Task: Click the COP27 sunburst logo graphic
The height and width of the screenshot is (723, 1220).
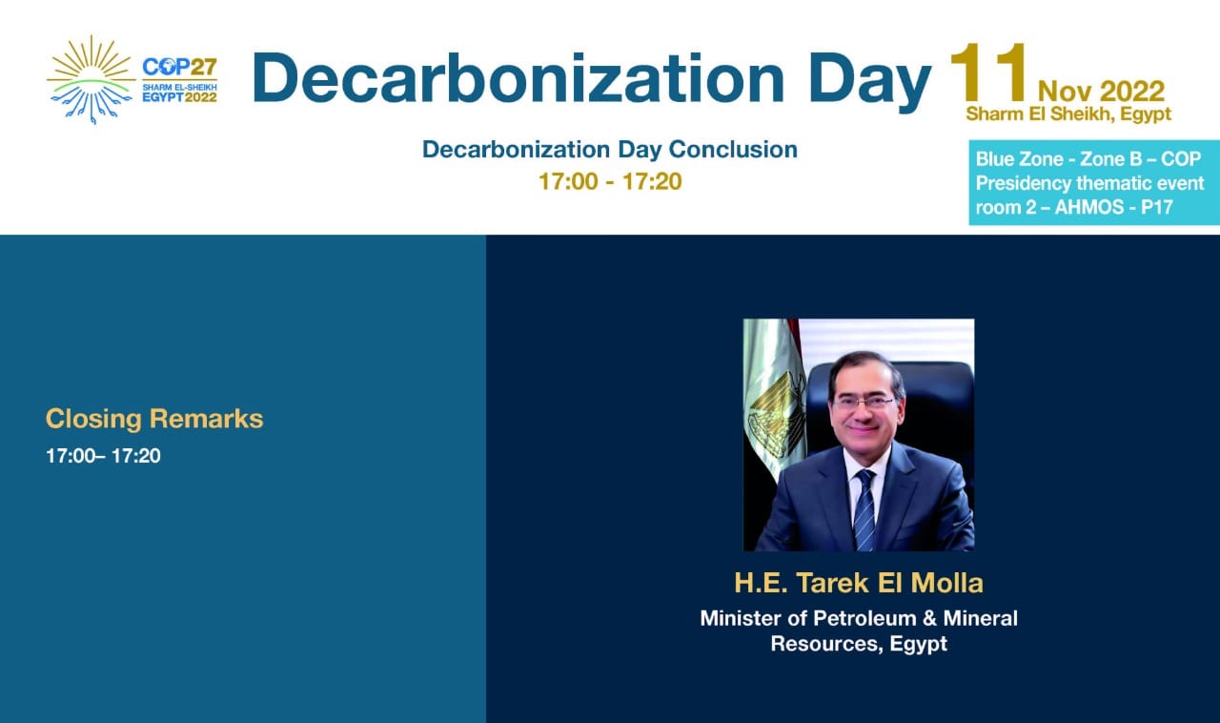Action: tap(91, 79)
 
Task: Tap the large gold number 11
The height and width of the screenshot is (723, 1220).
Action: tap(987, 73)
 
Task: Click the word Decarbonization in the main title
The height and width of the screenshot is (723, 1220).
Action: tap(518, 78)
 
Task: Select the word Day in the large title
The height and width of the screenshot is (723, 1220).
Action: tap(870, 82)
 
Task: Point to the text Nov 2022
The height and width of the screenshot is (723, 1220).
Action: tap(1101, 91)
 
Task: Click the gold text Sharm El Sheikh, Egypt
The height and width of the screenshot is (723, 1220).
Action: tap(1068, 114)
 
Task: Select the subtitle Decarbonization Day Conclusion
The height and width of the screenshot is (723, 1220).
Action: tap(610, 150)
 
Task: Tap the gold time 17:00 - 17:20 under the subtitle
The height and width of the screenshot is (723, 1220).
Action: tap(610, 181)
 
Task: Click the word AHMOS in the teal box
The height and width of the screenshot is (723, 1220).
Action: tap(1089, 207)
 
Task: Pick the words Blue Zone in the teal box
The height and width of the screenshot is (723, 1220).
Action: tap(1019, 159)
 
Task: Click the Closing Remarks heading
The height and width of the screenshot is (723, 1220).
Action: tap(154, 419)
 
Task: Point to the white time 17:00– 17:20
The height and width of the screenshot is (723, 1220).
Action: tap(103, 456)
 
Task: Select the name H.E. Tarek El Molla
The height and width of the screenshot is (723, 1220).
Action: tap(859, 583)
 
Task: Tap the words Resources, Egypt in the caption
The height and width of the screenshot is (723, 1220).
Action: tap(859, 644)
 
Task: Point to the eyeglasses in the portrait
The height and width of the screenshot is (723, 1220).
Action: tap(864, 403)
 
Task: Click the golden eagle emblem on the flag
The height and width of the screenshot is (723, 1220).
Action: tap(777, 415)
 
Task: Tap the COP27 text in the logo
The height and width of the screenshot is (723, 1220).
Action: tap(180, 67)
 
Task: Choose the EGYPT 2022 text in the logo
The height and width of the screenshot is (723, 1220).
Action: tap(180, 97)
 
